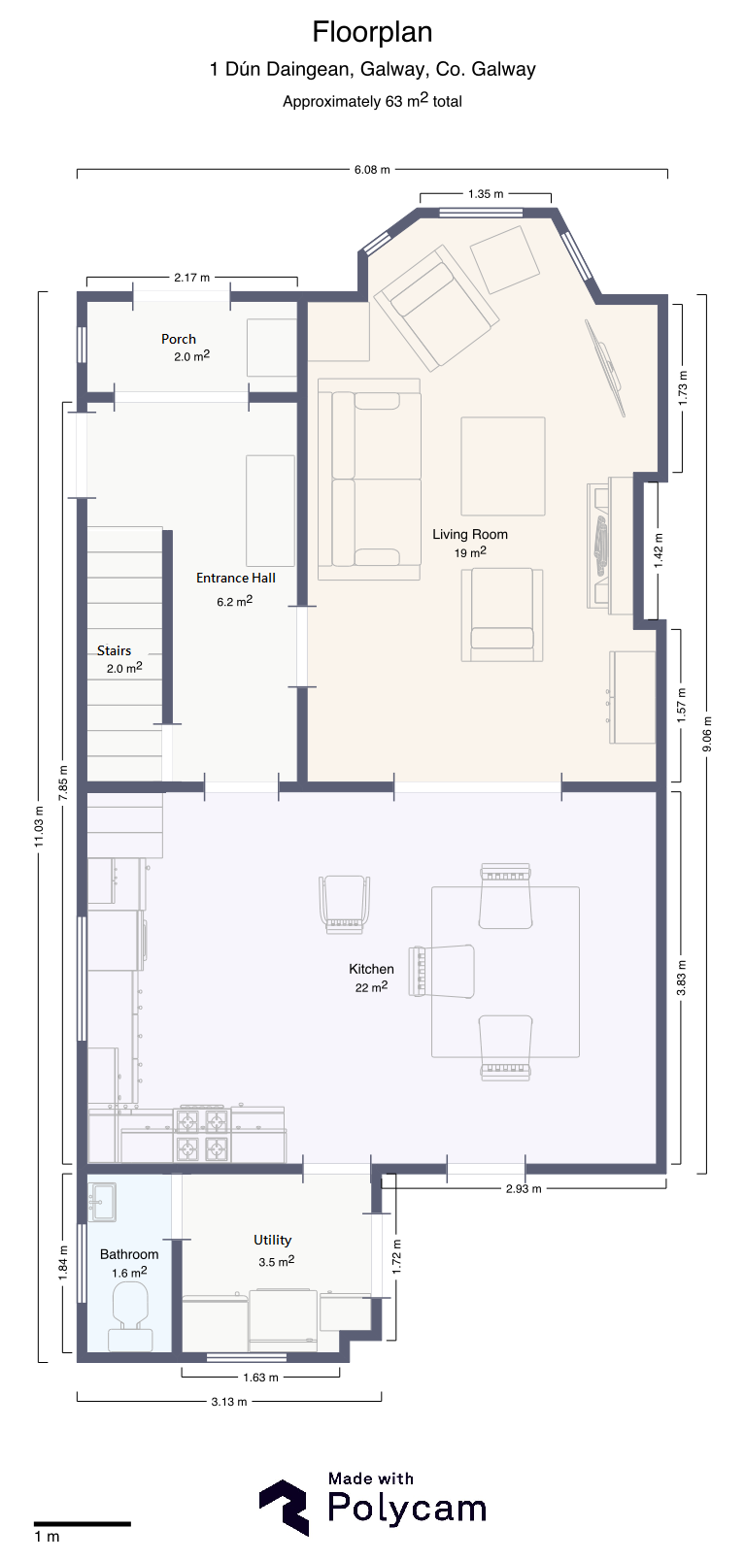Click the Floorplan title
(372, 32)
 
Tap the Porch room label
(179, 339)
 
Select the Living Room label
(469, 534)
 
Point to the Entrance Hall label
(235, 578)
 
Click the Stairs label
(114, 650)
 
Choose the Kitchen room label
(371, 969)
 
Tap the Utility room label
(272, 1240)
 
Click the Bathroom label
(129, 1254)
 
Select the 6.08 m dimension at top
(372, 169)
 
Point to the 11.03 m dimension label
(39, 826)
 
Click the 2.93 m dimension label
(524, 1189)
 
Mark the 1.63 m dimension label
(260, 1378)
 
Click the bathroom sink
(102, 1202)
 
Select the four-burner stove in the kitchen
(202, 1134)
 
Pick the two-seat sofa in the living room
(369, 480)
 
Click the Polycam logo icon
(284, 1508)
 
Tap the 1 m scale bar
(83, 1524)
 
